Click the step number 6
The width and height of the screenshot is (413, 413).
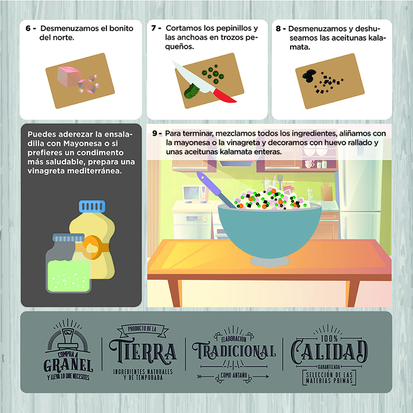(x=28, y=28)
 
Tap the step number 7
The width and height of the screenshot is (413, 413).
(x=153, y=28)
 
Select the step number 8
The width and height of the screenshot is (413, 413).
(x=278, y=29)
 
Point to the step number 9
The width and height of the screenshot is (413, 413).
(x=155, y=134)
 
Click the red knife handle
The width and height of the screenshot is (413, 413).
(x=224, y=96)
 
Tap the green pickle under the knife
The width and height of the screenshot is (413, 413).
(x=192, y=91)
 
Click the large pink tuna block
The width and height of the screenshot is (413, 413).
(x=69, y=76)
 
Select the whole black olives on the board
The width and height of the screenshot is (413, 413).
(x=309, y=75)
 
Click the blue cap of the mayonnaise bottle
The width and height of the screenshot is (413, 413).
(x=92, y=206)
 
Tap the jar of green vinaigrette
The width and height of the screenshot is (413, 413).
(x=69, y=263)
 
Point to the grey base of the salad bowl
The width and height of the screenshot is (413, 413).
(x=269, y=261)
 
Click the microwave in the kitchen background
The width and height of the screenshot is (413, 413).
(x=196, y=194)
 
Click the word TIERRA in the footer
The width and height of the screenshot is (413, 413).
(x=143, y=352)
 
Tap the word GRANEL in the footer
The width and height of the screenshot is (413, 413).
(x=68, y=366)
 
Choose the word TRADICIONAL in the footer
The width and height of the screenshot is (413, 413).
(x=234, y=351)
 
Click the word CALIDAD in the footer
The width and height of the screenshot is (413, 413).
(x=329, y=351)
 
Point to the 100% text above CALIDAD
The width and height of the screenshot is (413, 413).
(x=329, y=338)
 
